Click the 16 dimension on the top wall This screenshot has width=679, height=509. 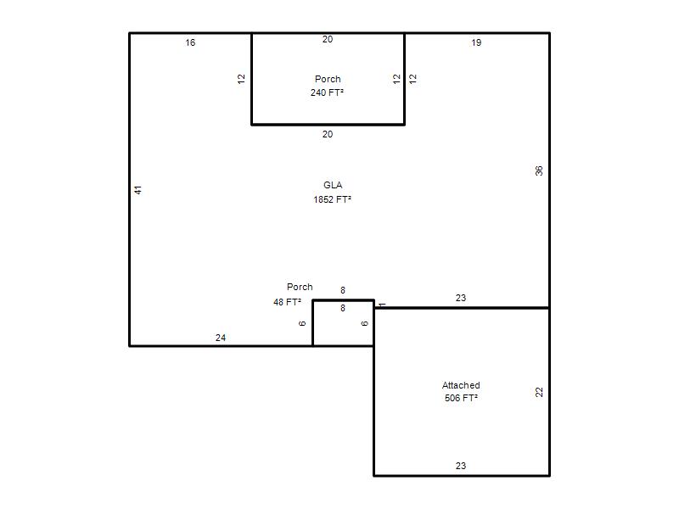[190, 42]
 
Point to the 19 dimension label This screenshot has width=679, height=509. [476, 42]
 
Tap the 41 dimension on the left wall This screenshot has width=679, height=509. [137, 189]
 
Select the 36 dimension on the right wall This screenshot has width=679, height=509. [539, 171]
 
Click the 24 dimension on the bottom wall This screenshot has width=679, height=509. [221, 338]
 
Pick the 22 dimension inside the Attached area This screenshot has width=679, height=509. [539, 392]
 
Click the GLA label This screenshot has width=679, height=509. [333, 185]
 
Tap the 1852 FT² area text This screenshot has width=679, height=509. [332, 199]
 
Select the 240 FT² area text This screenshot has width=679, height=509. [327, 92]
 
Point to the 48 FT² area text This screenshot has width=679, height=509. [287, 302]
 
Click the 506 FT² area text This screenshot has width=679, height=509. [461, 398]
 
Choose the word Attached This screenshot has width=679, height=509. [461, 385]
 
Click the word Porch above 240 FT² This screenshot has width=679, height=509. [328, 79]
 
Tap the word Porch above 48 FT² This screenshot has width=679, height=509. [300, 287]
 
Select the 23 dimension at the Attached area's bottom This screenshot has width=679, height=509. [461, 466]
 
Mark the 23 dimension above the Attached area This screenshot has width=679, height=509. [461, 298]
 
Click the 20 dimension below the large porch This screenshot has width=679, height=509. [328, 134]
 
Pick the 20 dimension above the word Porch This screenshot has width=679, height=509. [328, 39]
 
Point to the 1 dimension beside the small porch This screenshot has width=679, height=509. [382, 305]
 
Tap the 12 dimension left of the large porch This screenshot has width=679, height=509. [241, 79]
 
